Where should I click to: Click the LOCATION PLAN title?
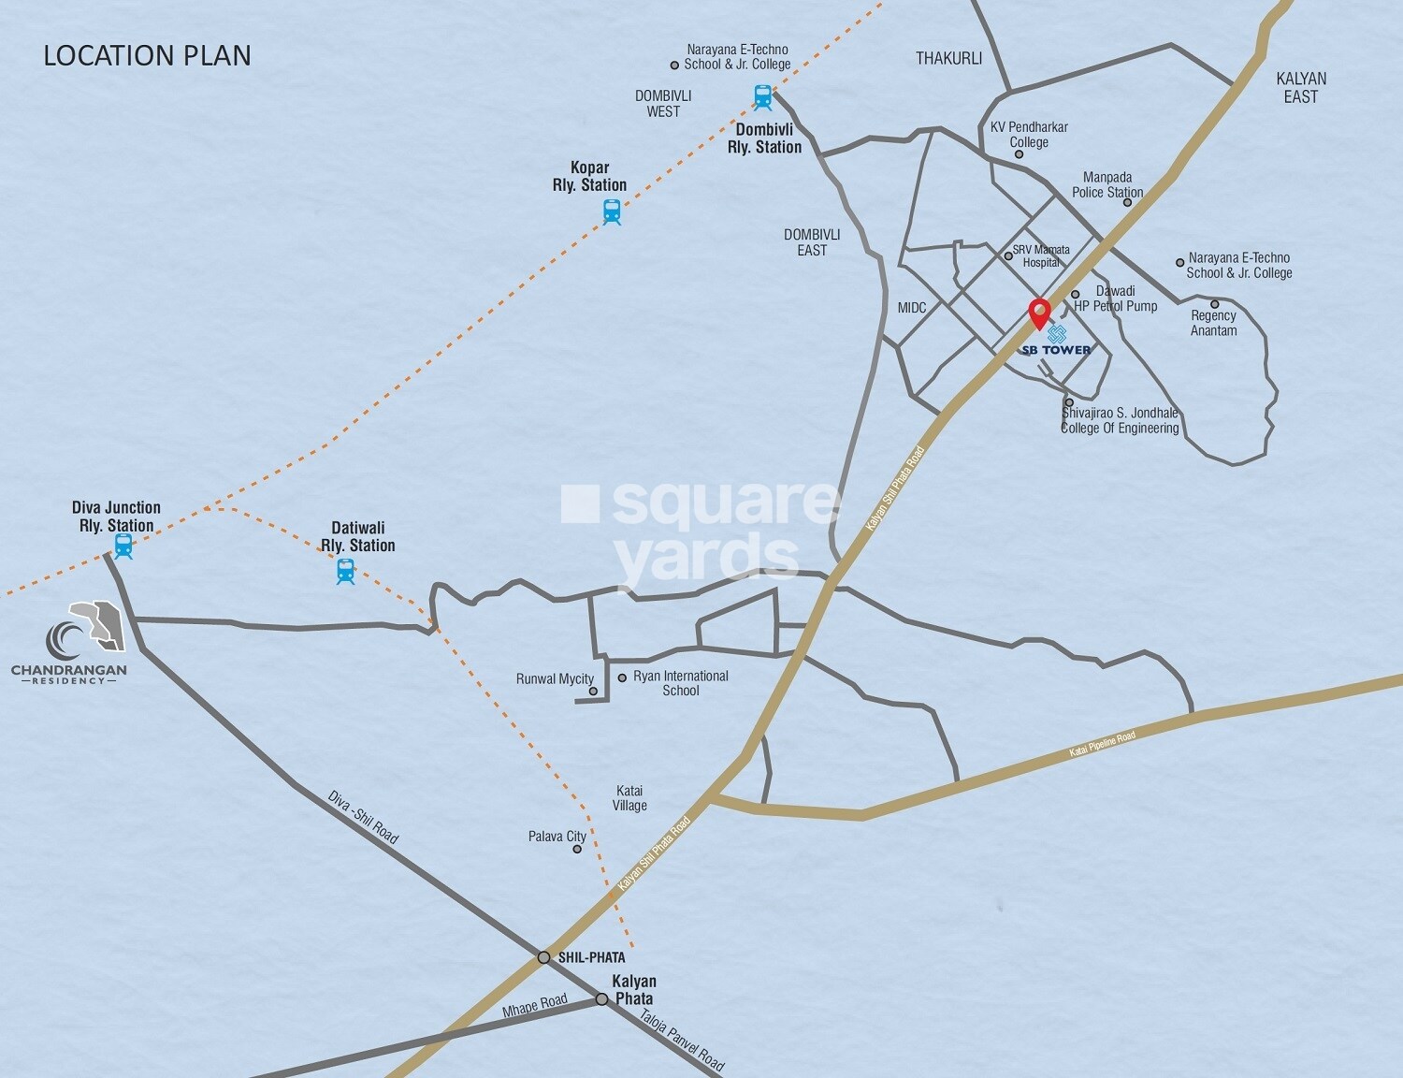tap(147, 55)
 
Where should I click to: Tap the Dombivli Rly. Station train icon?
tap(763, 96)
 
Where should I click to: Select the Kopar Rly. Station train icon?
tap(612, 212)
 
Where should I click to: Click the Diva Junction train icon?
tap(123, 546)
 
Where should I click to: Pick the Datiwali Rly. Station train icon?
tap(346, 571)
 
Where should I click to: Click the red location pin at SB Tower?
tap(1039, 313)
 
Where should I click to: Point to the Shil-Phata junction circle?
tap(543, 957)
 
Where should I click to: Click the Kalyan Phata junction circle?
tap(602, 999)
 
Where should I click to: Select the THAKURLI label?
tap(948, 58)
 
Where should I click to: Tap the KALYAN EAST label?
tap(1300, 87)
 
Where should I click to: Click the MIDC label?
tap(912, 308)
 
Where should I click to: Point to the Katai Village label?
tap(629, 798)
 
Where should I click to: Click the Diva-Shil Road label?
tap(363, 816)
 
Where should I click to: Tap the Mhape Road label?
tap(535, 1005)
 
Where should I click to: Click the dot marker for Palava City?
tap(577, 849)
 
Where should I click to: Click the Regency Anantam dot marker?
tap(1214, 304)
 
